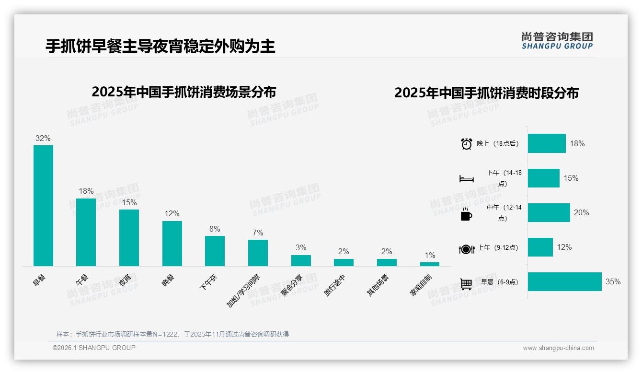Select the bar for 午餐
[86, 232]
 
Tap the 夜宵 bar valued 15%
[129, 237]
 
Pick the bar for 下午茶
[215, 251]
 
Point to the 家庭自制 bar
[429, 264]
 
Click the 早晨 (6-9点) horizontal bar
[564, 281]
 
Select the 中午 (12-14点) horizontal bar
[549, 212]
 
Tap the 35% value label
[613, 281]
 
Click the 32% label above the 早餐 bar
[43, 139]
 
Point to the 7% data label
[258, 233]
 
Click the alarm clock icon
[466, 143]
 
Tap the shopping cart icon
[466, 284]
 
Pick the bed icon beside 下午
[466, 179]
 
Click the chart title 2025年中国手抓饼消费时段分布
[486, 93]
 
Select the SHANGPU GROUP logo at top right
[557, 40]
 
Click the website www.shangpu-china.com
[558, 348]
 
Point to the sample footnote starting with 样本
[172, 334]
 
